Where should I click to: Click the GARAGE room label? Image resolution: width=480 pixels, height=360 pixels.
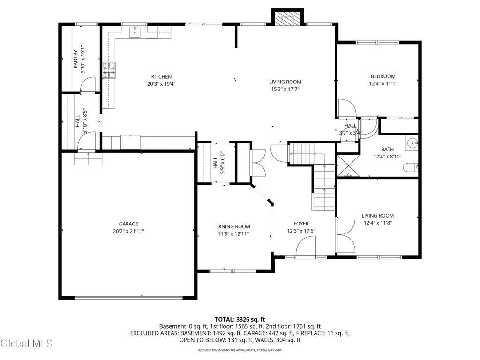point(128,224)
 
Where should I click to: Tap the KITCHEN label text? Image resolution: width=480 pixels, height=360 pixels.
point(161,77)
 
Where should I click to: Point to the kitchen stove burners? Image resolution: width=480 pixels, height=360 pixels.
point(109,70)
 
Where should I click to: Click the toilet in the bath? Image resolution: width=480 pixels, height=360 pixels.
point(410,168)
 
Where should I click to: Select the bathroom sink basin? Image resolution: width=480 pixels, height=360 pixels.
point(412,143)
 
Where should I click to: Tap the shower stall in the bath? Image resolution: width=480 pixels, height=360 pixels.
point(348,166)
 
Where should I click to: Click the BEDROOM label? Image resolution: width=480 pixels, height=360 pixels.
point(383,76)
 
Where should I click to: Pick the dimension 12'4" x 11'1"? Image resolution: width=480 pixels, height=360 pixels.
point(383,83)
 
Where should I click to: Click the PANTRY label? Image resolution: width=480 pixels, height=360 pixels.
point(75,59)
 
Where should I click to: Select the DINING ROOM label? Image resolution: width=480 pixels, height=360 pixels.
point(233,226)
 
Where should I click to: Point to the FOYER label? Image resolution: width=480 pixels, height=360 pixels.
point(301,224)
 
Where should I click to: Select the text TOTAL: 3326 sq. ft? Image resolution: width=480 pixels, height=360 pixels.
point(240,320)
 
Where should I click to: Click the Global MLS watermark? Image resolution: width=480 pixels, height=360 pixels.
point(27,344)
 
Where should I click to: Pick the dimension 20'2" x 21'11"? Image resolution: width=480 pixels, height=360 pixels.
point(128,231)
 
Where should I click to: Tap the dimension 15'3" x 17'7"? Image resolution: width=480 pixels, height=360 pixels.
point(285,89)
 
